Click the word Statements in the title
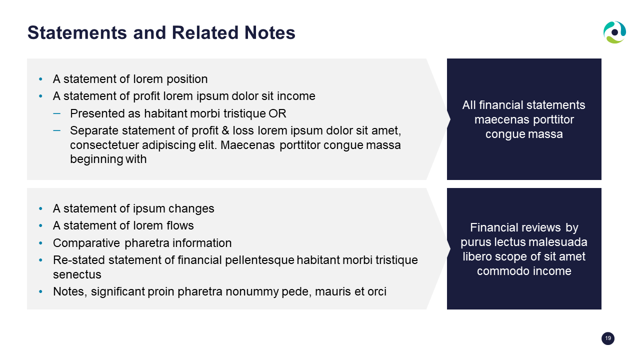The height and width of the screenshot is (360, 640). [77, 32]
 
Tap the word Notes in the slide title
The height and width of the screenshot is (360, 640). [269, 32]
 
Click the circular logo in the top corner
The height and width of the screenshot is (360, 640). [614, 32]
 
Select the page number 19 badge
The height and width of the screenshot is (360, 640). [607, 338]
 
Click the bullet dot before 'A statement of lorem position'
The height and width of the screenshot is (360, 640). [40, 79]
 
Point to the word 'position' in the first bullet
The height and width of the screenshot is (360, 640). [187, 79]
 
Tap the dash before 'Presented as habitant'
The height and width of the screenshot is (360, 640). [57, 113]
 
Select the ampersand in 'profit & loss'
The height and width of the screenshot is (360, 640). [225, 130]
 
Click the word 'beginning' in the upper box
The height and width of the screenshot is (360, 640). [96, 159]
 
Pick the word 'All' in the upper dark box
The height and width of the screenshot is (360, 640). [469, 105]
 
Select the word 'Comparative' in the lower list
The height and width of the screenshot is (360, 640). [86, 243]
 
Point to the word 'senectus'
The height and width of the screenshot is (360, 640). [77, 275]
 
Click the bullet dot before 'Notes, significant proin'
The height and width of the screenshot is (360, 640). [40, 291]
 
